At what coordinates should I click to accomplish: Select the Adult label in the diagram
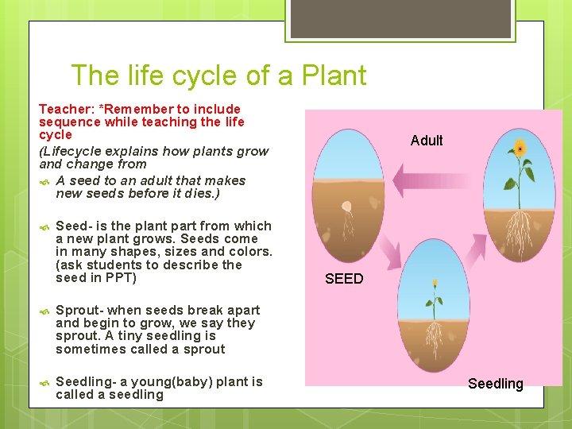pos(427,141)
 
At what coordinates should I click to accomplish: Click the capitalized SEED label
pos(344,279)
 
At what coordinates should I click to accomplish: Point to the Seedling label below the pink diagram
pos(496,384)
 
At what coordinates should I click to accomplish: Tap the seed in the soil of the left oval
pos(346,207)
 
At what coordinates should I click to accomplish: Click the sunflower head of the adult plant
pos(520,149)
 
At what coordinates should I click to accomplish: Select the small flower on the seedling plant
pos(435,283)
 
